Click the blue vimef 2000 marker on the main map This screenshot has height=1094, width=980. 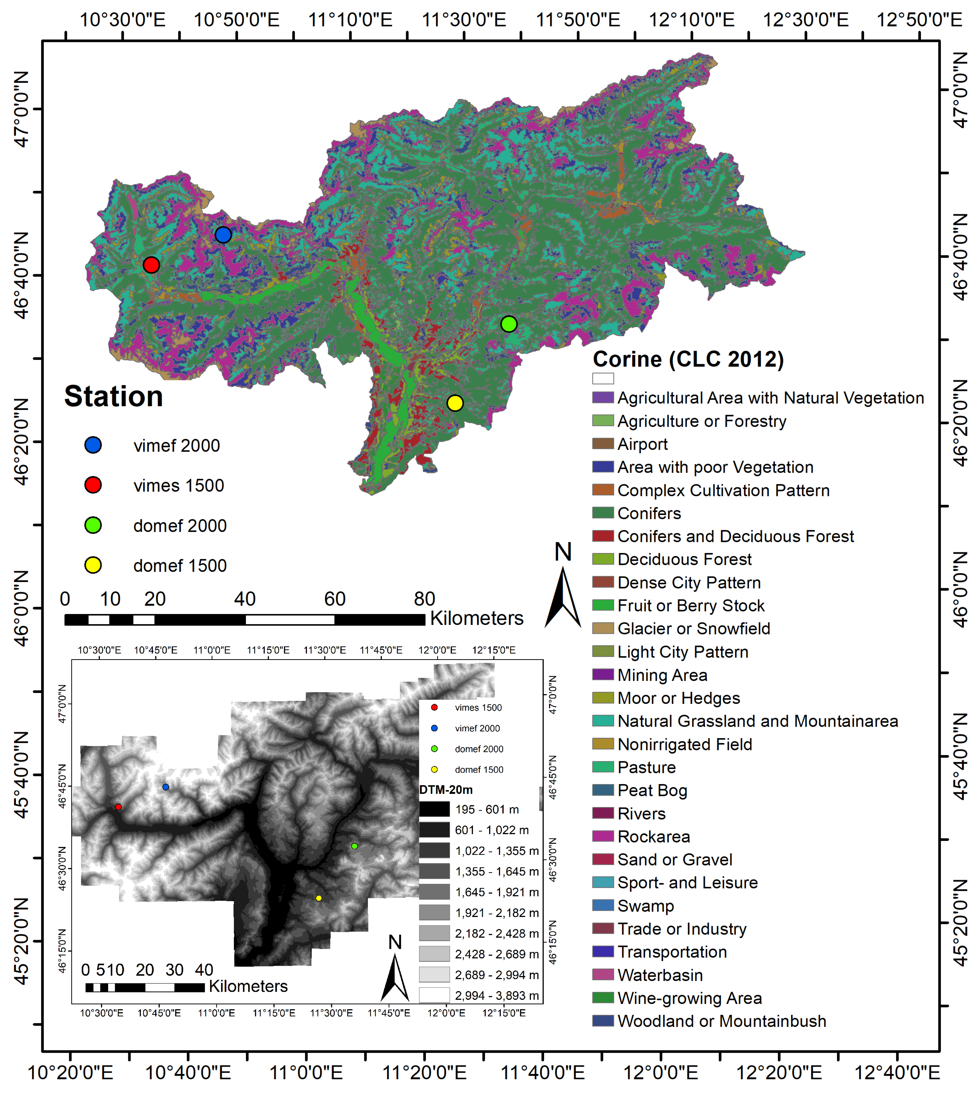223,235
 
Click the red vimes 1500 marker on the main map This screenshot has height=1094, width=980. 151,265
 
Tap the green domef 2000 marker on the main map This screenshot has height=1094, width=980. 509,324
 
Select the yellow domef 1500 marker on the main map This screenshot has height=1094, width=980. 455,403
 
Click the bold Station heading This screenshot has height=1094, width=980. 114,397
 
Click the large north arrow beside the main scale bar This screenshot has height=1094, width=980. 563,598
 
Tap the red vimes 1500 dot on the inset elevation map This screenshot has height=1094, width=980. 118,807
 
